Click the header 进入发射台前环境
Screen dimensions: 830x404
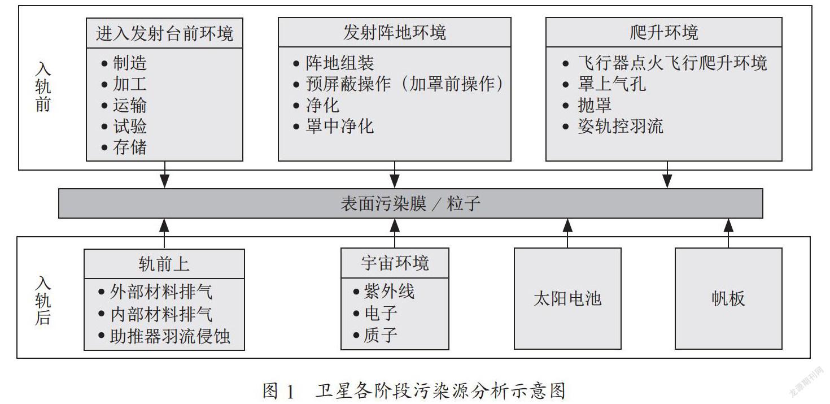[164, 33]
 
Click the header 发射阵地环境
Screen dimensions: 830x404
[395, 33]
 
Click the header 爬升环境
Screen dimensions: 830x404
[664, 33]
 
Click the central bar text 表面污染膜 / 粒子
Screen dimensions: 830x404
[410, 203]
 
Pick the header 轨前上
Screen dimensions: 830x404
[164, 264]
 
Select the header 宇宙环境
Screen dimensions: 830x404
[395, 263]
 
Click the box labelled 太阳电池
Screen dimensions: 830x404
[567, 299]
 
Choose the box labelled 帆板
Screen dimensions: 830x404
[728, 299]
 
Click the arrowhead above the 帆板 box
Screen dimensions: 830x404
[728, 225]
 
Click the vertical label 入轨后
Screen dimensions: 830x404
[43, 301]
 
